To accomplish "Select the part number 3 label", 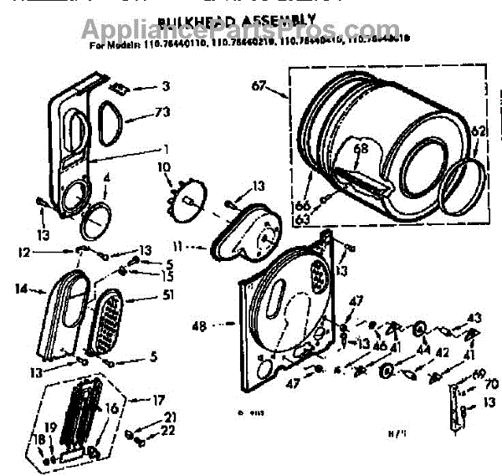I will coord(166,86).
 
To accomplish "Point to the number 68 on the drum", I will coord(360,151).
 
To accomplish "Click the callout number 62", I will coord(478,130).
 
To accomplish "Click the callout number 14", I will coord(22,289).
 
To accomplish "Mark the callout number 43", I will coord(474,317).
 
